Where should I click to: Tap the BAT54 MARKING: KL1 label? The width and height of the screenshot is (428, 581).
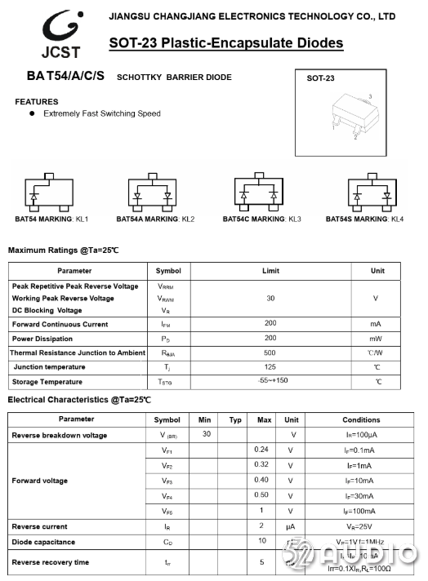point(51,220)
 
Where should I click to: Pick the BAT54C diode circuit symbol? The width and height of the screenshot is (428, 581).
point(259,194)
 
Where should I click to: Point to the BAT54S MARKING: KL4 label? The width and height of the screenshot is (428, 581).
point(364,220)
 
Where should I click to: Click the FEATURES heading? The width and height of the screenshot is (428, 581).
point(37,102)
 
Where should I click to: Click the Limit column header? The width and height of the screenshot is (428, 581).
point(270,271)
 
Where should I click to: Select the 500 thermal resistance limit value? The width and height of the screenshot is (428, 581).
point(270,353)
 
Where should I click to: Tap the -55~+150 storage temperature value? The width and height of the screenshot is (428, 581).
point(270,381)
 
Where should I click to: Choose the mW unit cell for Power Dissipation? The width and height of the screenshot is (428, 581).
point(376,339)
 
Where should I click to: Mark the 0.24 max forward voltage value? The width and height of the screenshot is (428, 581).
point(261,450)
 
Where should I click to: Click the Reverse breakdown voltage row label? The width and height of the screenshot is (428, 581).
point(60,435)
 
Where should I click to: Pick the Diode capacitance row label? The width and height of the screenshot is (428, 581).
point(43,542)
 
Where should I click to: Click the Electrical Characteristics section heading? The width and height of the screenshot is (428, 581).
point(79,400)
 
